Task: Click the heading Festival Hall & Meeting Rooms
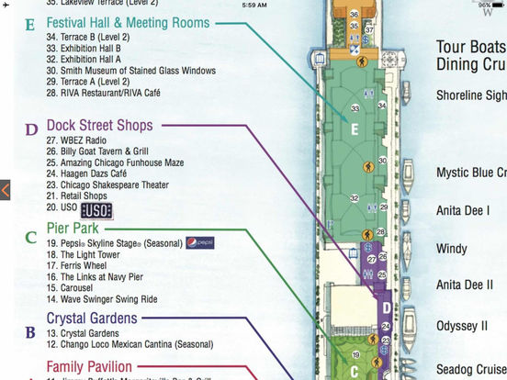coord(128,22)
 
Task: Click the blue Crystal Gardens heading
coord(92,319)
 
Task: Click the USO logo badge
coord(96,210)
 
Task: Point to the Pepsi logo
coord(199,243)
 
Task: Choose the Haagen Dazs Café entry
coord(89,173)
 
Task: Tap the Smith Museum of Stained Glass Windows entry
coord(130,71)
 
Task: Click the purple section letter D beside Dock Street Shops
coord(31,129)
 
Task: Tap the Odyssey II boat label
coord(462,325)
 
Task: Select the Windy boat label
coord(451,249)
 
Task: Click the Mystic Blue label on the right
coord(471,172)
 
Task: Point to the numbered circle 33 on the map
coord(355,107)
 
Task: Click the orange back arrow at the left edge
coord(5,190)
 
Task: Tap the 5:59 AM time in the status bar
coord(253,5)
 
